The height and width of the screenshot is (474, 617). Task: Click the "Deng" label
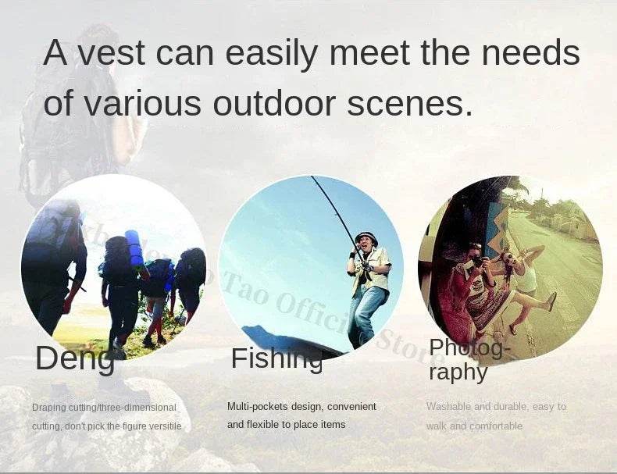74,358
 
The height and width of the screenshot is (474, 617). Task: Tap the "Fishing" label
276,358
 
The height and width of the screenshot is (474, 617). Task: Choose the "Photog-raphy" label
469,359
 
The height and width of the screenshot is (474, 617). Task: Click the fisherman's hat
366,236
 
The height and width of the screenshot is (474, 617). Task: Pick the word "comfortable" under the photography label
496,426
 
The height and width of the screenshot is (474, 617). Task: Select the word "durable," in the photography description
513,407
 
